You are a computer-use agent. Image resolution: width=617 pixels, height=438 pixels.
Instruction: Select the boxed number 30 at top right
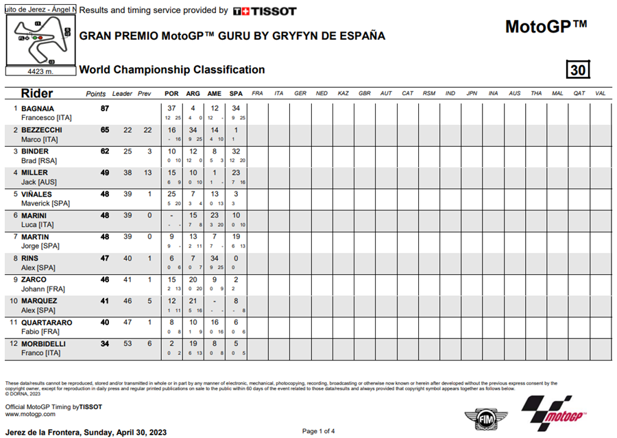tap(578, 70)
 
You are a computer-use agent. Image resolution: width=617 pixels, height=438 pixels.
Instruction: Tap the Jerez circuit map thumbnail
tap(40, 40)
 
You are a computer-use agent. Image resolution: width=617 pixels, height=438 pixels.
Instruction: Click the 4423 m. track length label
tap(40, 71)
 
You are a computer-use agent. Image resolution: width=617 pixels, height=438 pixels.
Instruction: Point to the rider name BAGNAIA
tap(38, 108)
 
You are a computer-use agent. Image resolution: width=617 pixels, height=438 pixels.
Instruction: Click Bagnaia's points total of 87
tap(105, 108)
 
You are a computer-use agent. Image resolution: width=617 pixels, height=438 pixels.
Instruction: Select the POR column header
tap(171, 93)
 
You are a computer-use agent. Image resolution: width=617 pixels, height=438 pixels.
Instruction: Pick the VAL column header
tap(600, 93)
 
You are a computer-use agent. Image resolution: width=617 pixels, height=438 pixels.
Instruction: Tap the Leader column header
tap(122, 93)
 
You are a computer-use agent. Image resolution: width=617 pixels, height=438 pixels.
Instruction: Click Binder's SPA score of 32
tap(236, 151)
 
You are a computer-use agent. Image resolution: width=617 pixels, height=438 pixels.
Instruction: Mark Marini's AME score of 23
tap(215, 215)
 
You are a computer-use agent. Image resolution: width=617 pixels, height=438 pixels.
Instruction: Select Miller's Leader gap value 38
tap(128, 173)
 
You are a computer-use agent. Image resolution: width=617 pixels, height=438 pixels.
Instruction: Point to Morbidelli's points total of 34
tap(105, 343)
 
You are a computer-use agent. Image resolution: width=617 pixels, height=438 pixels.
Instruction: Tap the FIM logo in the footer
tap(483, 417)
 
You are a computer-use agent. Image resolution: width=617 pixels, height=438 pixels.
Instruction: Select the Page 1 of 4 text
tap(318, 431)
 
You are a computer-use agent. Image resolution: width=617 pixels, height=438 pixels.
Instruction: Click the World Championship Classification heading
tap(172, 70)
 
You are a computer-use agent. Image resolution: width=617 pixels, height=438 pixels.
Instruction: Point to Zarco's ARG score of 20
tap(193, 280)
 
